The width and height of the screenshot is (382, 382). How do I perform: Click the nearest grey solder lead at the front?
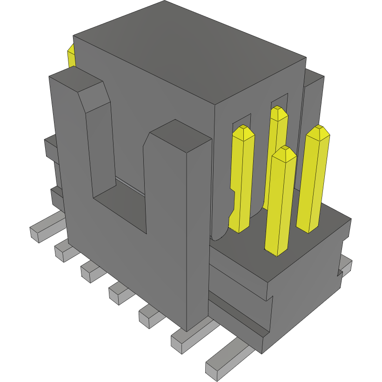pos(223,360)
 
